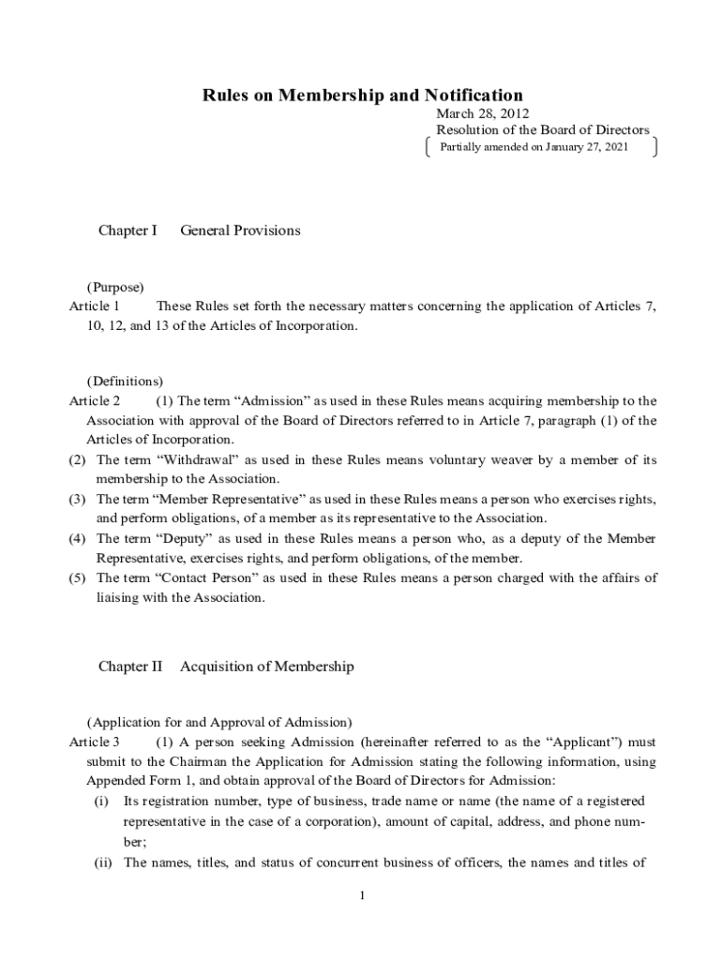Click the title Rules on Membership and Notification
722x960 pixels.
click(363, 95)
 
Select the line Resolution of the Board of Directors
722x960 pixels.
click(542, 130)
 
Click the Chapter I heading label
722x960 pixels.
click(128, 231)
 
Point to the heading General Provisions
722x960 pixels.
click(240, 231)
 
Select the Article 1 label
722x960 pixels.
click(95, 306)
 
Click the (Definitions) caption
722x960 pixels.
click(125, 382)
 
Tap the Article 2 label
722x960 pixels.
click(95, 400)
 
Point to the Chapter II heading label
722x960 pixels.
click(130, 667)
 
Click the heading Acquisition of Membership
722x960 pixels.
click(267, 667)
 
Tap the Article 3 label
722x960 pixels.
click(95, 742)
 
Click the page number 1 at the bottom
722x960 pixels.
click(362, 896)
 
